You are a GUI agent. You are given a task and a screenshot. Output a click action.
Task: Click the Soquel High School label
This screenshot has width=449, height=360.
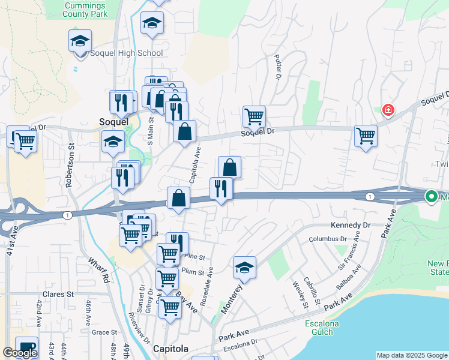pyautogui.click(x=126, y=53)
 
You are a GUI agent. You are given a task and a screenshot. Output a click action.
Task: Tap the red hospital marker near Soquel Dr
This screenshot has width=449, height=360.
pyautogui.click(x=388, y=110)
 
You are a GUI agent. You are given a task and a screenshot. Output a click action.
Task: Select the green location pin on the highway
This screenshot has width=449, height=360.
pyautogui.click(x=431, y=196)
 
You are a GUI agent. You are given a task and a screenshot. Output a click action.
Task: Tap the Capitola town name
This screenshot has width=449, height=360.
pyautogui.click(x=170, y=349)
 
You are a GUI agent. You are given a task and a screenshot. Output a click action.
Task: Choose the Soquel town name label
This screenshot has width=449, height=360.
pyautogui.click(x=113, y=121)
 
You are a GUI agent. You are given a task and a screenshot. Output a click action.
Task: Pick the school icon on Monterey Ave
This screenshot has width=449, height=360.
pyautogui.click(x=244, y=268)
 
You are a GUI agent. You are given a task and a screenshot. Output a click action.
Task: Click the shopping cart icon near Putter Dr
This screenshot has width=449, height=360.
pyautogui.click(x=254, y=116)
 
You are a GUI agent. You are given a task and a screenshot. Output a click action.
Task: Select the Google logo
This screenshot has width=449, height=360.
pyautogui.click(x=20, y=353)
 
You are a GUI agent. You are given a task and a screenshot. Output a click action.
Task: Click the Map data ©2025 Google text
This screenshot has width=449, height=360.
pyautogui.click(x=412, y=355)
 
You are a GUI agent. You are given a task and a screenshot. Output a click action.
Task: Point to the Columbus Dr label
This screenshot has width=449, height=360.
pyautogui.click(x=328, y=239)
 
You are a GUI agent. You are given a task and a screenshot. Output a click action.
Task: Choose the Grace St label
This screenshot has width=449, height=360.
pyautogui.click(x=104, y=332)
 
